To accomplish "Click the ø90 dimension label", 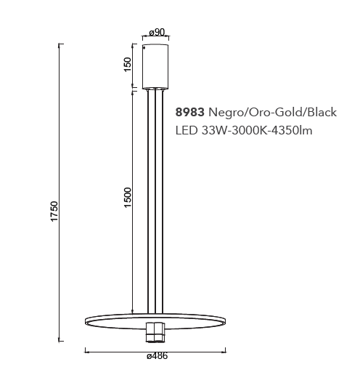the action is click(157, 32).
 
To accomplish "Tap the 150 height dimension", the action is click(127, 65).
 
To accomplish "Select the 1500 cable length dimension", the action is click(127, 198).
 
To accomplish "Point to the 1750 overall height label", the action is click(54, 211).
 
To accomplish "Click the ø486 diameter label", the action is click(157, 356).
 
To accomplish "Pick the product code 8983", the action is click(190, 112).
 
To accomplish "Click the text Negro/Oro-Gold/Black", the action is click(272, 112).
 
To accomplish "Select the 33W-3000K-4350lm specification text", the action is click(257, 130).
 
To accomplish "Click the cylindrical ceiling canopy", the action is click(155, 67).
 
